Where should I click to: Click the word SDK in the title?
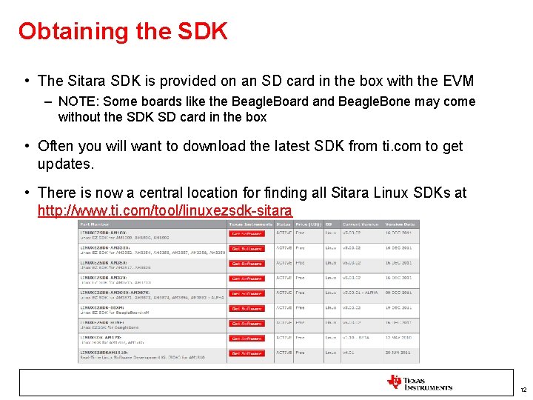coord(202,31)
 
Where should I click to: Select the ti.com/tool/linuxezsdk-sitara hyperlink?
coord(164,210)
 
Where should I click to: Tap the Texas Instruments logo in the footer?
coord(419,383)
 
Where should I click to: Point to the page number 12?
coord(523,390)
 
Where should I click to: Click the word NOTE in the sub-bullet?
coord(77,101)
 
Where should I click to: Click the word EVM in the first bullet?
coord(457,81)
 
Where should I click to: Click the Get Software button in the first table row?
coord(246,233)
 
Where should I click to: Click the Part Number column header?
coord(95,224)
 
